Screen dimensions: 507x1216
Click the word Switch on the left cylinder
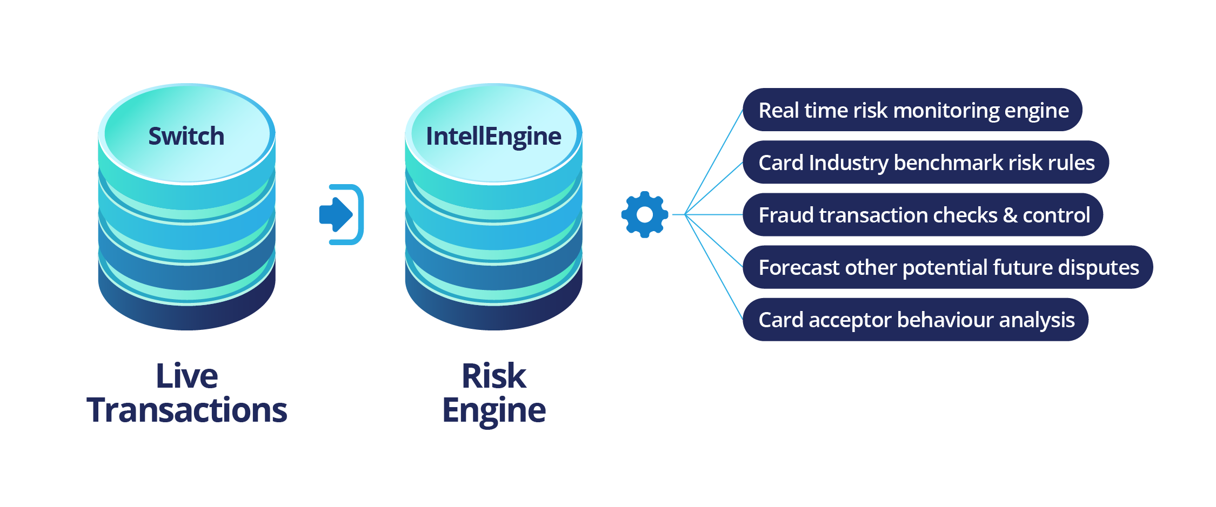click(x=186, y=136)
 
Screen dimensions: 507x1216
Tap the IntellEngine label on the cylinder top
click(x=493, y=136)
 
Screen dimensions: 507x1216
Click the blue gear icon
click(x=644, y=214)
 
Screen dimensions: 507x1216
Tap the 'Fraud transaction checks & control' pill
click(x=923, y=215)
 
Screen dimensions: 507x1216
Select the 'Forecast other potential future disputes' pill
click(x=947, y=267)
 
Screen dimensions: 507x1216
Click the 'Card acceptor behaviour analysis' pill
click(x=916, y=320)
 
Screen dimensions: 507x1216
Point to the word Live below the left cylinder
click(x=187, y=376)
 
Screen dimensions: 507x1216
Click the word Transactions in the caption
click(x=187, y=410)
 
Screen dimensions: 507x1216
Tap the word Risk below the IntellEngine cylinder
click(x=494, y=376)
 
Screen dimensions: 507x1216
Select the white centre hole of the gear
click(x=644, y=214)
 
